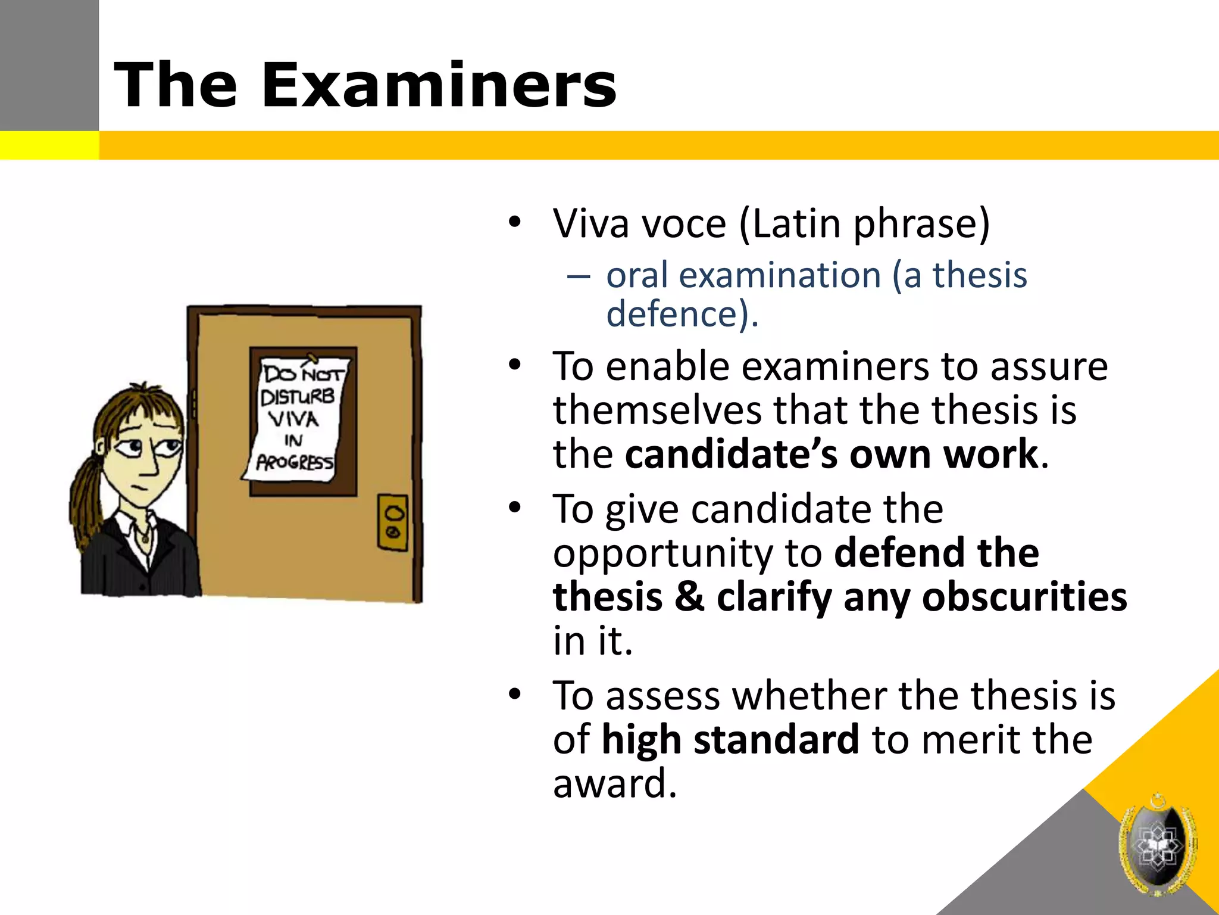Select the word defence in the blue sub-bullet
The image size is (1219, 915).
pos(677,314)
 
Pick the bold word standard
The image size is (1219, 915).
pos(776,739)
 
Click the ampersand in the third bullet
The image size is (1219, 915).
pos(689,597)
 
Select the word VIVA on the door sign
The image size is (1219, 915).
pos(293,419)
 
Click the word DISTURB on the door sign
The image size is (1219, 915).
pos(298,397)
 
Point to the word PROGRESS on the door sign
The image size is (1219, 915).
pos(295,462)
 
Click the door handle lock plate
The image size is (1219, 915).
pos(393,522)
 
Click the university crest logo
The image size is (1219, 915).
pos(1158,845)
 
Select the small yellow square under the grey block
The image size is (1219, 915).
pos(49,145)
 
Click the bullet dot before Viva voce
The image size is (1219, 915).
pos(515,223)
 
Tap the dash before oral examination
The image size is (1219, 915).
pos(579,276)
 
